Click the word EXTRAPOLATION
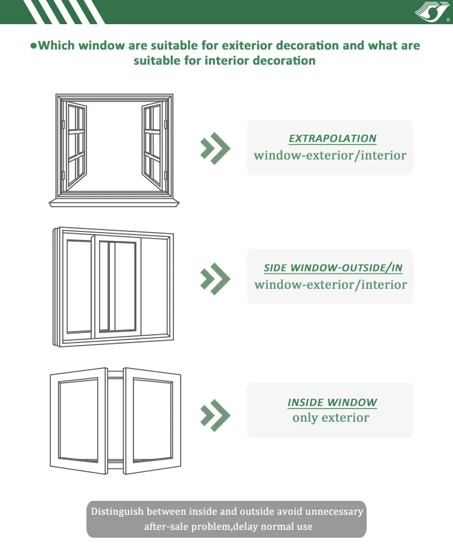332,138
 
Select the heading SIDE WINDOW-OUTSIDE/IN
333,268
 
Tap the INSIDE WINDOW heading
332,402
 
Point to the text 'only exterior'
330,417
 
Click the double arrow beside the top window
215,148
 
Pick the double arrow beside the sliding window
215,277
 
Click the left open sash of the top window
76,146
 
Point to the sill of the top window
114,202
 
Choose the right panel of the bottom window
152,418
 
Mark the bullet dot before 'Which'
33,46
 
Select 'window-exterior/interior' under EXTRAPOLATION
330,155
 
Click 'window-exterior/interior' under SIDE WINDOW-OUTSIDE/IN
330,285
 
